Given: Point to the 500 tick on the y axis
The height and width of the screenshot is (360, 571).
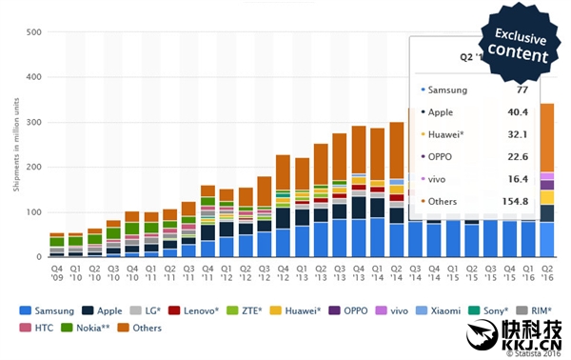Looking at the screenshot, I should click(x=32, y=32).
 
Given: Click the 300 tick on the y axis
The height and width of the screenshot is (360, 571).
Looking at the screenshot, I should click(x=32, y=123).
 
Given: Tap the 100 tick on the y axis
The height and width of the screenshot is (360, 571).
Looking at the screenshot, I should click(x=32, y=213).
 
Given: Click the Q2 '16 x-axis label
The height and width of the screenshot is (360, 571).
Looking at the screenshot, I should click(x=548, y=274).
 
